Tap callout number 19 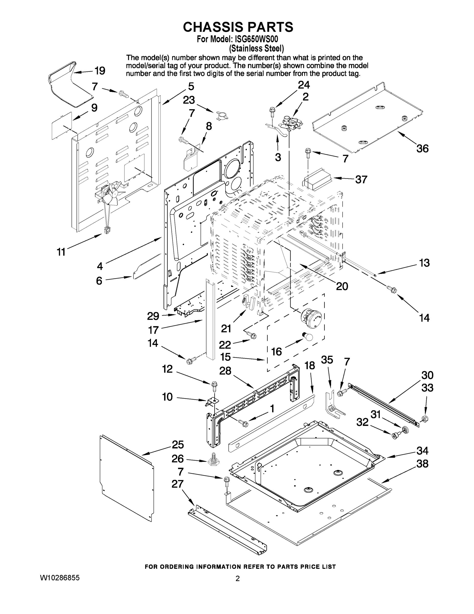click(100, 71)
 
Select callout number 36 click(422, 148)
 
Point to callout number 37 click(361, 179)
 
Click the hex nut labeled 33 click(425, 419)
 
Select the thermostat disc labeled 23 click(222, 115)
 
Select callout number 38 click(422, 464)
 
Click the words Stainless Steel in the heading click(256, 49)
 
